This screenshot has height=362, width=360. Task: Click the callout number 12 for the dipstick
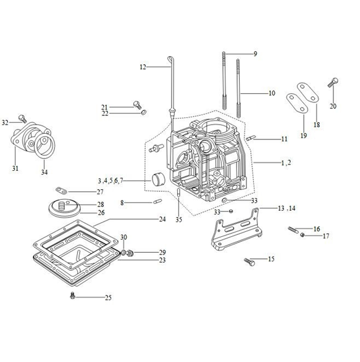coord(143,67)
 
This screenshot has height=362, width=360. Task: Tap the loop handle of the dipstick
coord(170,59)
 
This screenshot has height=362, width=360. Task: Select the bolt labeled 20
coord(333,83)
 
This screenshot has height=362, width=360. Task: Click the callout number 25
coord(108,298)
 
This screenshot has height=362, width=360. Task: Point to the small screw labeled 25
coord(72,296)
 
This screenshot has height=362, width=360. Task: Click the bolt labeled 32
coord(23,118)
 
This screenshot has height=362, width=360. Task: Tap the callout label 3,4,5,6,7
coord(111,181)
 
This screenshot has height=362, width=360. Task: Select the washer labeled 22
coord(144,113)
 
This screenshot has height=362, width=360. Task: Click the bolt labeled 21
coord(138,105)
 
